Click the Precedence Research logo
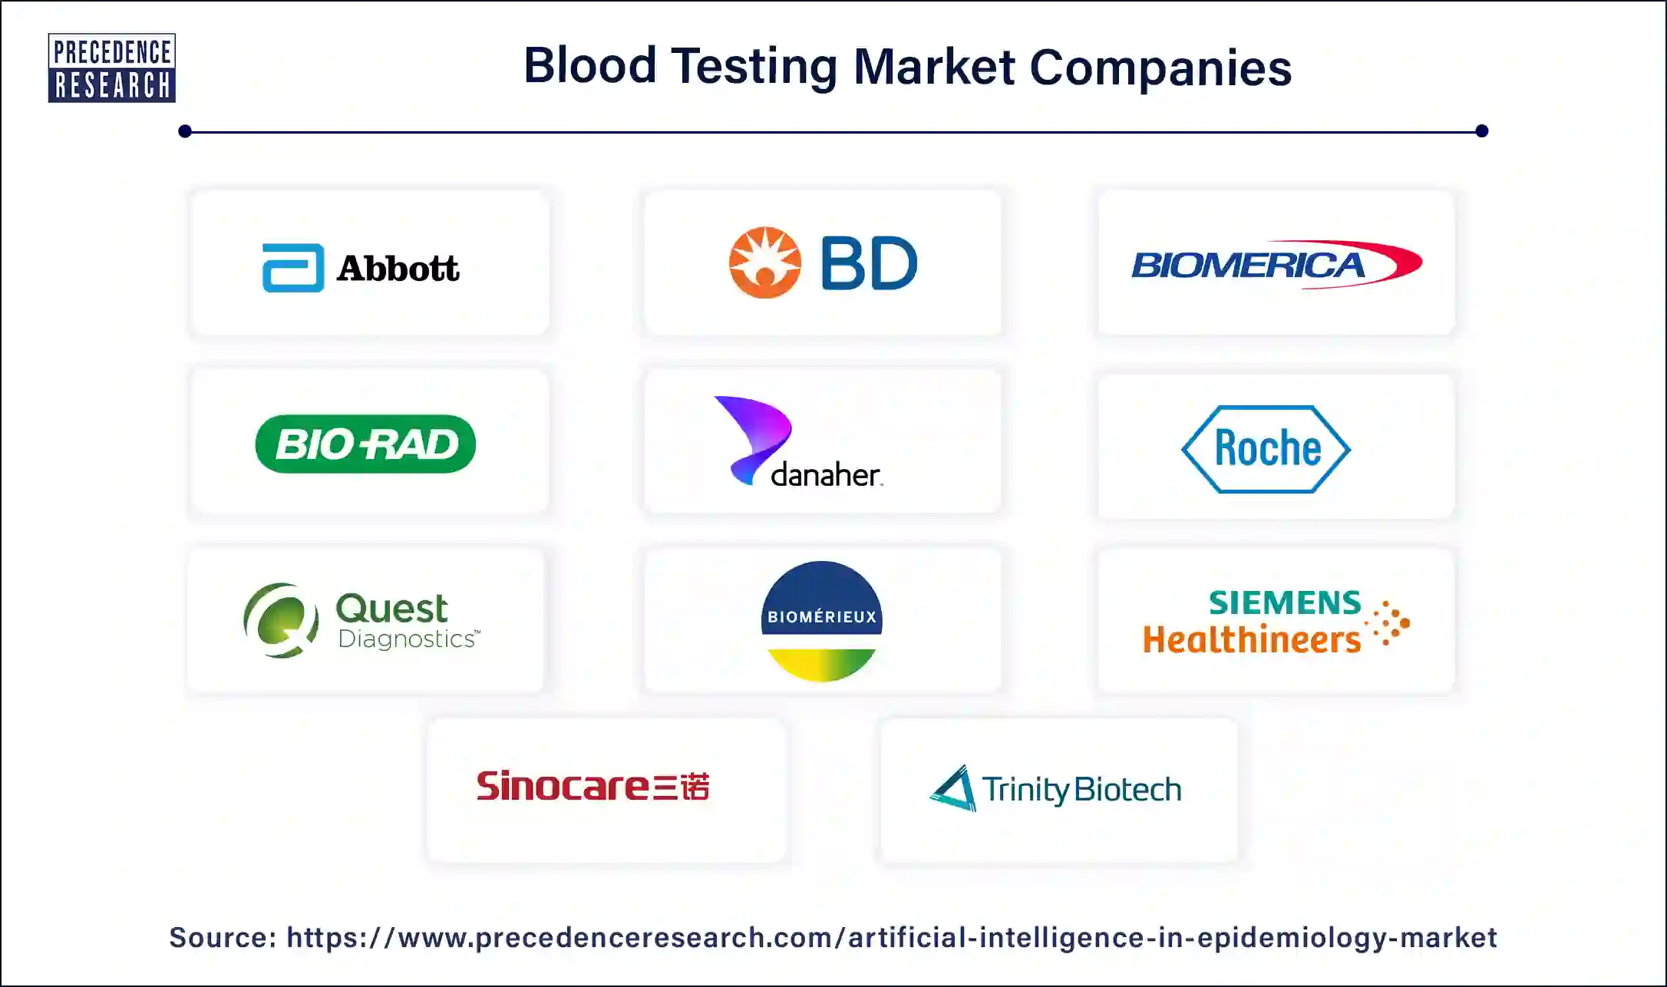(x=112, y=68)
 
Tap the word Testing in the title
(x=754, y=67)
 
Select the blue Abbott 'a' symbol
(x=293, y=268)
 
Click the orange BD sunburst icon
(x=764, y=262)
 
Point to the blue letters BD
(x=869, y=263)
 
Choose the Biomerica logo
(x=1276, y=265)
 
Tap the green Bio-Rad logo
(x=365, y=444)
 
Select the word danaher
(x=826, y=475)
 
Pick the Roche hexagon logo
(x=1266, y=449)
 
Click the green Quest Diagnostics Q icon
(x=281, y=620)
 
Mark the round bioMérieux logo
(x=822, y=621)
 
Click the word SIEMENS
(x=1285, y=603)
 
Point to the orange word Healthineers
(x=1251, y=640)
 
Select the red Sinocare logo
(x=593, y=786)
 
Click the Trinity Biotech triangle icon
(x=954, y=788)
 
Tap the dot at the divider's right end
(x=1481, y=131)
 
